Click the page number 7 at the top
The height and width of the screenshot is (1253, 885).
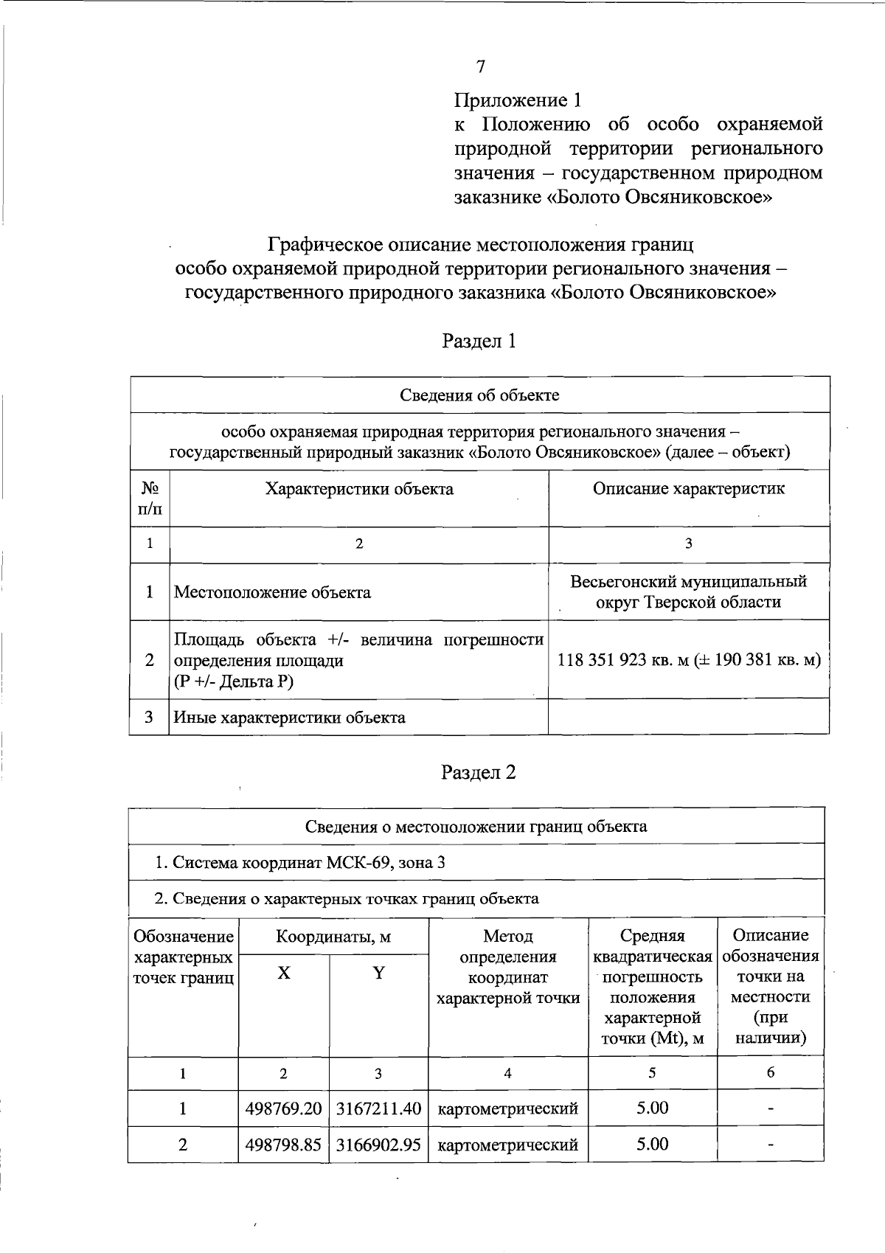(x=481, y=67)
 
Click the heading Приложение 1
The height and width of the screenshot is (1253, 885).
(x=518, y=100)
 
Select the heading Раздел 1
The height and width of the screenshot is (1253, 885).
(x=479, y=341)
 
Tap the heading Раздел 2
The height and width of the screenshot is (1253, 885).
(x=479, y=772)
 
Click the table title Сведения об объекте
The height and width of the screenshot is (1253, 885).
(x=479, y=395)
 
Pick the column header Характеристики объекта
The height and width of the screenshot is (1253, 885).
(x=359, y=489)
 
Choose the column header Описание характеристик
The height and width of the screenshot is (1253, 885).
(x=689, y=488)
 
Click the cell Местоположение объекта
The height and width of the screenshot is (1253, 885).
(x=272, y=592)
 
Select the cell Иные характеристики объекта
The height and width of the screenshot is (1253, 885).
(x=289, y=717)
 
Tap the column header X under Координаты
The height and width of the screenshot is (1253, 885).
(x=284, y=973)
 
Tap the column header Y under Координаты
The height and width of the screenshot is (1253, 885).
(x=378, y=973)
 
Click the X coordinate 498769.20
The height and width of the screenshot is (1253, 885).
(x=284, y=1108)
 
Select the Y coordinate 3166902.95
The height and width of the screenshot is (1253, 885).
(x=378, y=1145)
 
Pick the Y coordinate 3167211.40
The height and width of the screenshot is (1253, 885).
(x=378, y=1108)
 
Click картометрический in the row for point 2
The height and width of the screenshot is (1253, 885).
(x=508, y=1145)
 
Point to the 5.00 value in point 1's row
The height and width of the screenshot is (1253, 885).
(x=653, y=1108)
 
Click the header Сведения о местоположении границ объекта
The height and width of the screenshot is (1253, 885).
(x=476, y=826)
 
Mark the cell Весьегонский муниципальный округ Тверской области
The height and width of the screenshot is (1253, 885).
(x=689, y=591)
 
